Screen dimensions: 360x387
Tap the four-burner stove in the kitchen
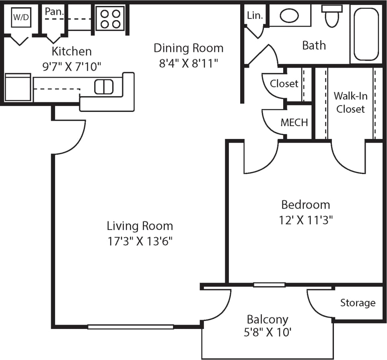coord(110,19)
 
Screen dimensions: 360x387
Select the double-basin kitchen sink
coord(104,87)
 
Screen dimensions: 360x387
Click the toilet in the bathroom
coord(332,17)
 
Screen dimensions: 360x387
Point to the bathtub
coord(366,34)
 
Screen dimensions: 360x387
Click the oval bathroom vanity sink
coord(289,16)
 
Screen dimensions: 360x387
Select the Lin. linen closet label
coord(255,15)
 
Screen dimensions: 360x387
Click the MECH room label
coord(294,122)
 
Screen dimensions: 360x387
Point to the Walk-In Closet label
coord(350,102)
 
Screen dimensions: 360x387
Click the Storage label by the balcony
coord(358,303)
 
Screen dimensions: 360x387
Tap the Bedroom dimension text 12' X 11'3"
coord(305,220)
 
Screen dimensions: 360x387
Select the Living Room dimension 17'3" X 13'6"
coord(140,241)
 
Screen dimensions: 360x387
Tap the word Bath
coord(314,45)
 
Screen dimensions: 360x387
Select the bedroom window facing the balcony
coord(269,285)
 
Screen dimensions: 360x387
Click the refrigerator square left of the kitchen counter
coord(18,87)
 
